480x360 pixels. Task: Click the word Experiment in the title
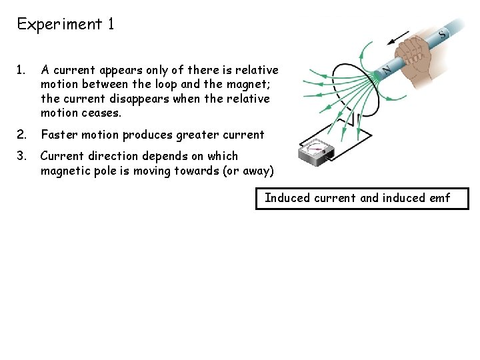coord(58,25)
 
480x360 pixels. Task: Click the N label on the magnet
coord(385,68)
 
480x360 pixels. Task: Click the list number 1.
coord(22,69)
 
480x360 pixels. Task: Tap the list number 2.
coord(23,135)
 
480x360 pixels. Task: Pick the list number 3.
coord(23,156)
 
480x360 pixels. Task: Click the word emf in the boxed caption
coord(438,197)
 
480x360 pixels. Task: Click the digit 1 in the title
coord(110,25)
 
